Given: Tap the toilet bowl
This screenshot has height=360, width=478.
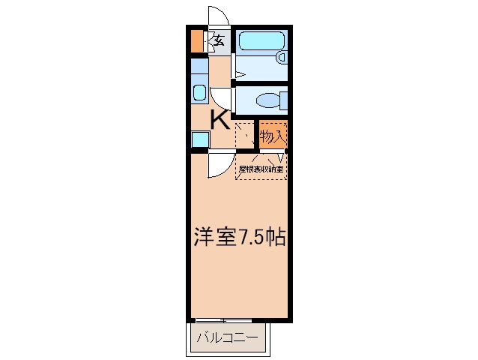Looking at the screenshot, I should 267,99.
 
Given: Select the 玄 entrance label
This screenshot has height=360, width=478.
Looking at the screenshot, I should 219,41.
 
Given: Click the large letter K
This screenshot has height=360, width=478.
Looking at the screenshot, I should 219,120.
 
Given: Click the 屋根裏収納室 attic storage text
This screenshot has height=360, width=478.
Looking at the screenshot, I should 261,169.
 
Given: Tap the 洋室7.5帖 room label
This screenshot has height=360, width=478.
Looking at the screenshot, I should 237,238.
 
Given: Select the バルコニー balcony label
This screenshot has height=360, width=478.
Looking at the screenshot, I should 226,338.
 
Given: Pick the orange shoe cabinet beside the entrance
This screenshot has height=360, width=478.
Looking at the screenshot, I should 196,42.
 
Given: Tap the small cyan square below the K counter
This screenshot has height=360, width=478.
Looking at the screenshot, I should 199,139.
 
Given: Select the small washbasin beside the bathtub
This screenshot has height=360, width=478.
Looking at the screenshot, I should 282,56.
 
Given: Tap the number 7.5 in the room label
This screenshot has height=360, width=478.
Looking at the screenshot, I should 251,238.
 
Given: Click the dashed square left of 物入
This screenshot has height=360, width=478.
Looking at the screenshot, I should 245,136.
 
